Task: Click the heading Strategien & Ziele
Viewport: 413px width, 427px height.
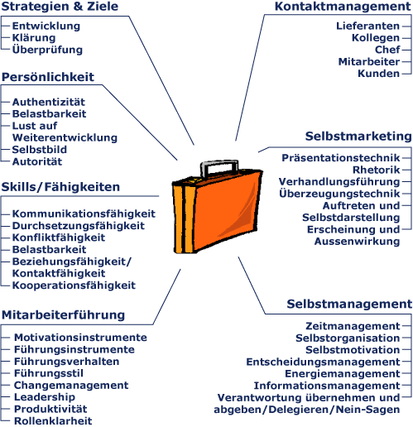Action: coord(60,7)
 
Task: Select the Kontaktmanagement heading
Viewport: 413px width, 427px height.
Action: coord(343,7)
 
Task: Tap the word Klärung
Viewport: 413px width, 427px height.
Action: coord(34,38)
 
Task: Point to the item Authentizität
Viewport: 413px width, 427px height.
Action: coord(49,102)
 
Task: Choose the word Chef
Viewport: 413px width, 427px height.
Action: coord(387,50)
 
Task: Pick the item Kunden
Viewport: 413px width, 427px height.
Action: coord(379,74)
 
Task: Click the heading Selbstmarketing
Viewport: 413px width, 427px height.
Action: coord(358,136)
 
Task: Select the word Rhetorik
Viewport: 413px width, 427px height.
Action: coord(377,170)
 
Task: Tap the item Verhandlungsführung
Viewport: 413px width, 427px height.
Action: coord(339,182)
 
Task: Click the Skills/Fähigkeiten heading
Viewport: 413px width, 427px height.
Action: coord(60,187)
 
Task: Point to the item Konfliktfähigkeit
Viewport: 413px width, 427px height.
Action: coord(59,237)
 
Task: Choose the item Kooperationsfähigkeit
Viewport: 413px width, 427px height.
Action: coord(74,285)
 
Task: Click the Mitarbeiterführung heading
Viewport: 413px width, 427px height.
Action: coord(64,314)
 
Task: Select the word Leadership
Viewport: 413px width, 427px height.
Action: coord(45,397)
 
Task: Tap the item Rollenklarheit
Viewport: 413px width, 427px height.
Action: coord(53,421)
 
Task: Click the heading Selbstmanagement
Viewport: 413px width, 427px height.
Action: coord(349,304)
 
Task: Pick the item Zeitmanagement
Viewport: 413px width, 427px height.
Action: coord(353,326)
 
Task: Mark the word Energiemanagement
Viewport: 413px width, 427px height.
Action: coord(343,374)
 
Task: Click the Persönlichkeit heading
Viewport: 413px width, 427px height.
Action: coord(48,77)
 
